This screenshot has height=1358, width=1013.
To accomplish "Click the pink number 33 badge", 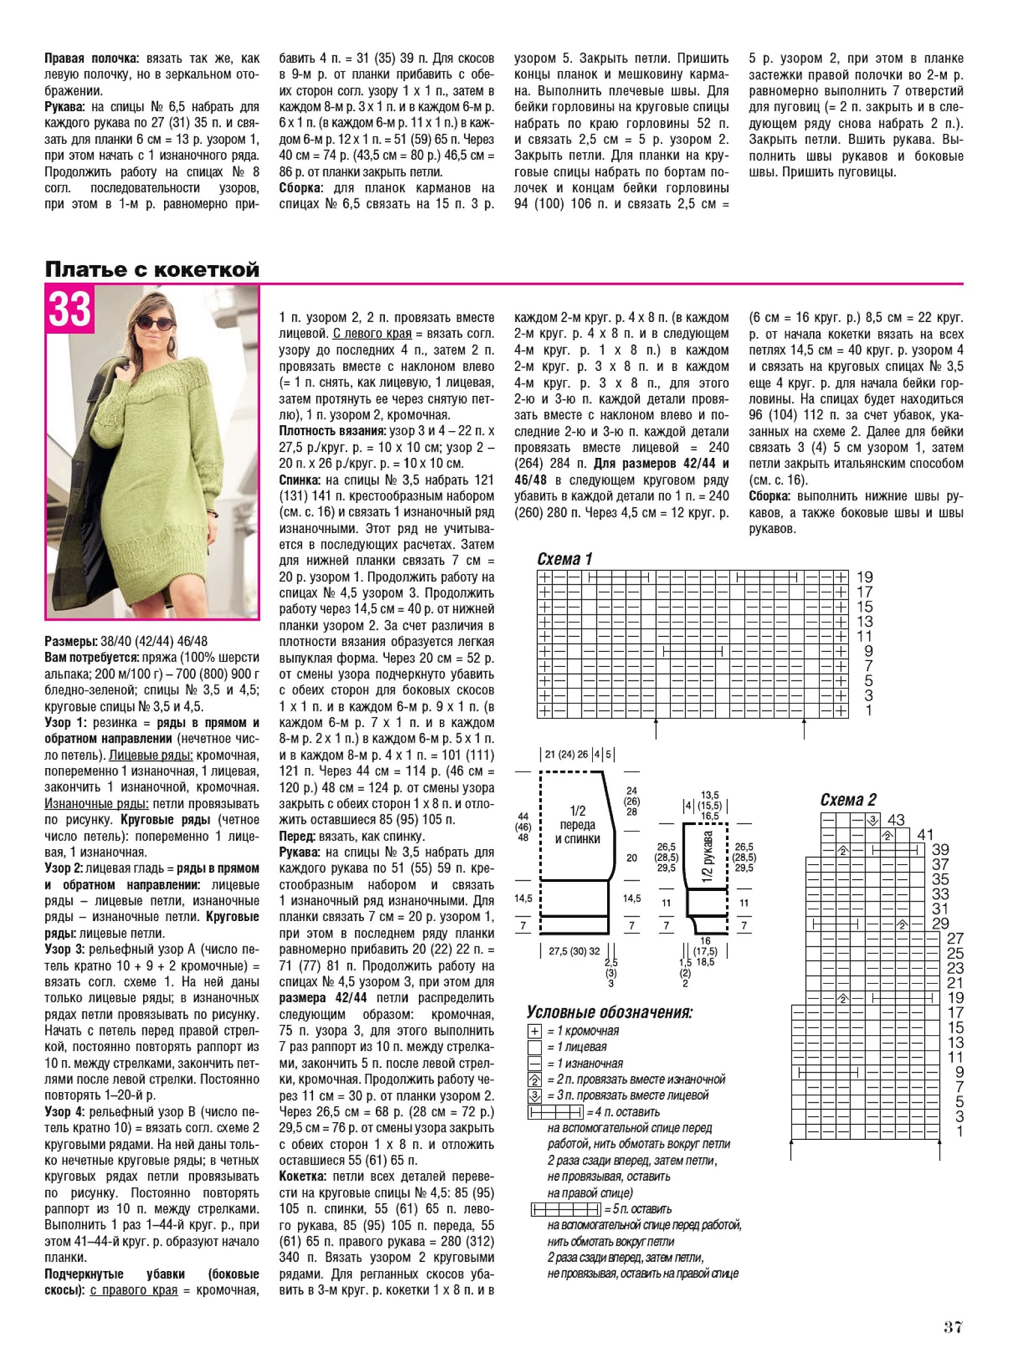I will pyautogui.click(x=70, y=309).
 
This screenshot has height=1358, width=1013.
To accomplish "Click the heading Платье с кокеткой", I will pyautogui.click(x=152, y=269).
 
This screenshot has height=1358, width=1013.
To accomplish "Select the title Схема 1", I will pyautogui.click(x=564, y=559).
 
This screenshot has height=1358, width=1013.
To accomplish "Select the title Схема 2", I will pyautogui.click(x=848, y=800).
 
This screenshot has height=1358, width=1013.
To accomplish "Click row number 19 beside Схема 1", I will pyautogui.click(x=864, y=577).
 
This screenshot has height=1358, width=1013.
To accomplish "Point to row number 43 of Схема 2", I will pyautogui.click(x=895, y=820).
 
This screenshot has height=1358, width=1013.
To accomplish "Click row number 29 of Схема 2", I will pyautogui.click(x=940, y=924).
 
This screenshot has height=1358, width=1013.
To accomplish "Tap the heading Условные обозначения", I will pyautogui.click(x=609, y=1013).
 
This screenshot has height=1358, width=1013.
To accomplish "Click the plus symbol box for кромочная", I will pyautogui.click(x=535, y=1031).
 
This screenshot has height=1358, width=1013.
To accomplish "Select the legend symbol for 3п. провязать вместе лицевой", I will pyautogui.click(x=535, y=1095).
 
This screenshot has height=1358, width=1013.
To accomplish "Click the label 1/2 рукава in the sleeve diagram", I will pyautogui.click(x=708, y=856).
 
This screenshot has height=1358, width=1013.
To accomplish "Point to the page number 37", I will pyautogui.click(x=953, y=1327).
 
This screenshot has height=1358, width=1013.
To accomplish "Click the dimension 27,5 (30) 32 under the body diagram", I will pyautogui.click(x=574, y=951).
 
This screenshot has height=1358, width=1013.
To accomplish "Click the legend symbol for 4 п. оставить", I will pyautogui.click(x=555, y=1112).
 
